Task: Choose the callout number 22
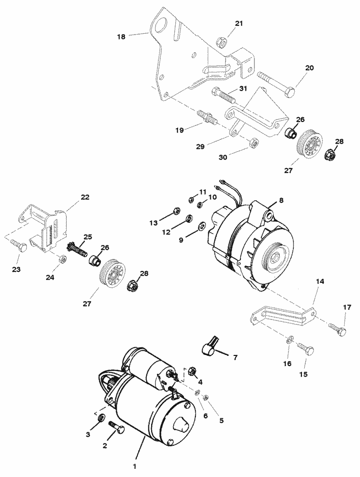coord(84,197)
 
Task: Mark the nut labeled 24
coord(62,259)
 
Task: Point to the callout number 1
coord(135,465)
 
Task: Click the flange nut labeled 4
coord(191,371)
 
